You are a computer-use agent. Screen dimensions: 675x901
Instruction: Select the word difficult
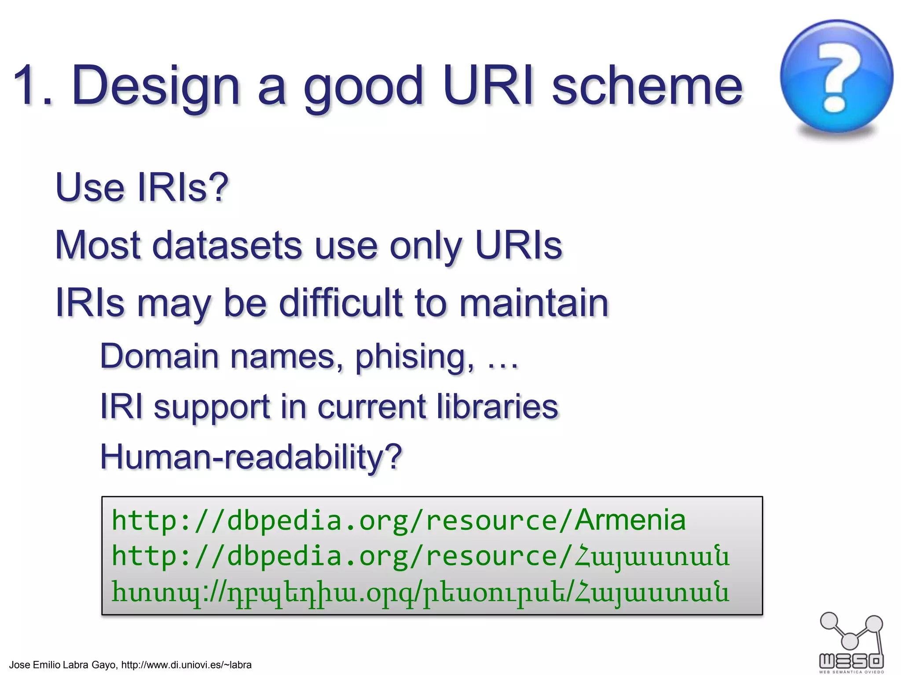pyautogui.click(x=341, y=303)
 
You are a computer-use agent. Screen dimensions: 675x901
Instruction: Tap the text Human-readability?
pyautogui.click(x=251, y=457)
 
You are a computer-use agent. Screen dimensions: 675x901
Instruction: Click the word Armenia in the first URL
pyautogui.click(x=630, y=520)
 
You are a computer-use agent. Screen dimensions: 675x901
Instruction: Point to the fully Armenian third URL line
pyautogui.click(x=420, y=592)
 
